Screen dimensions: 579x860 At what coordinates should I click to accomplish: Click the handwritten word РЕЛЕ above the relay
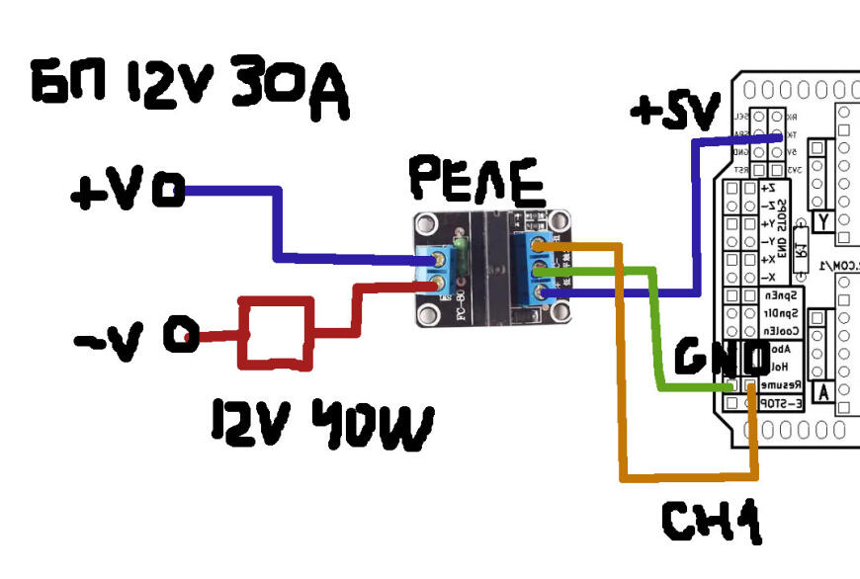(476, 181)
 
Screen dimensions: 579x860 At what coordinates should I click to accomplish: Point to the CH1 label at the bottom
(711, 522)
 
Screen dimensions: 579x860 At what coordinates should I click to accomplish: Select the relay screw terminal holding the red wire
(438, 287)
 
